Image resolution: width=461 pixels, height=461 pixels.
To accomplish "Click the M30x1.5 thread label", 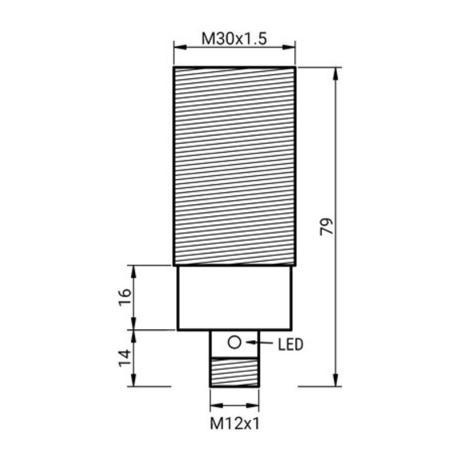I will click(x=234, y=39).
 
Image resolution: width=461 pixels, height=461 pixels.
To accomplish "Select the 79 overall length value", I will click(x=327, y=226).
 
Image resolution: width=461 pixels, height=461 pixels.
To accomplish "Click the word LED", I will click(x=290, y=345).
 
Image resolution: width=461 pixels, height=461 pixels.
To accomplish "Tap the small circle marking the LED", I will click(x=234, y=343).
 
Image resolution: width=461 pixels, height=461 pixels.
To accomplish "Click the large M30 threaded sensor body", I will click(x=234, y=166).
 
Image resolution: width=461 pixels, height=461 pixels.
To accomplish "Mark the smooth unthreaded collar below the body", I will click(x=234, y=298).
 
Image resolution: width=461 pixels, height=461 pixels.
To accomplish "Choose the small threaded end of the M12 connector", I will click(x=234, y=372).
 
